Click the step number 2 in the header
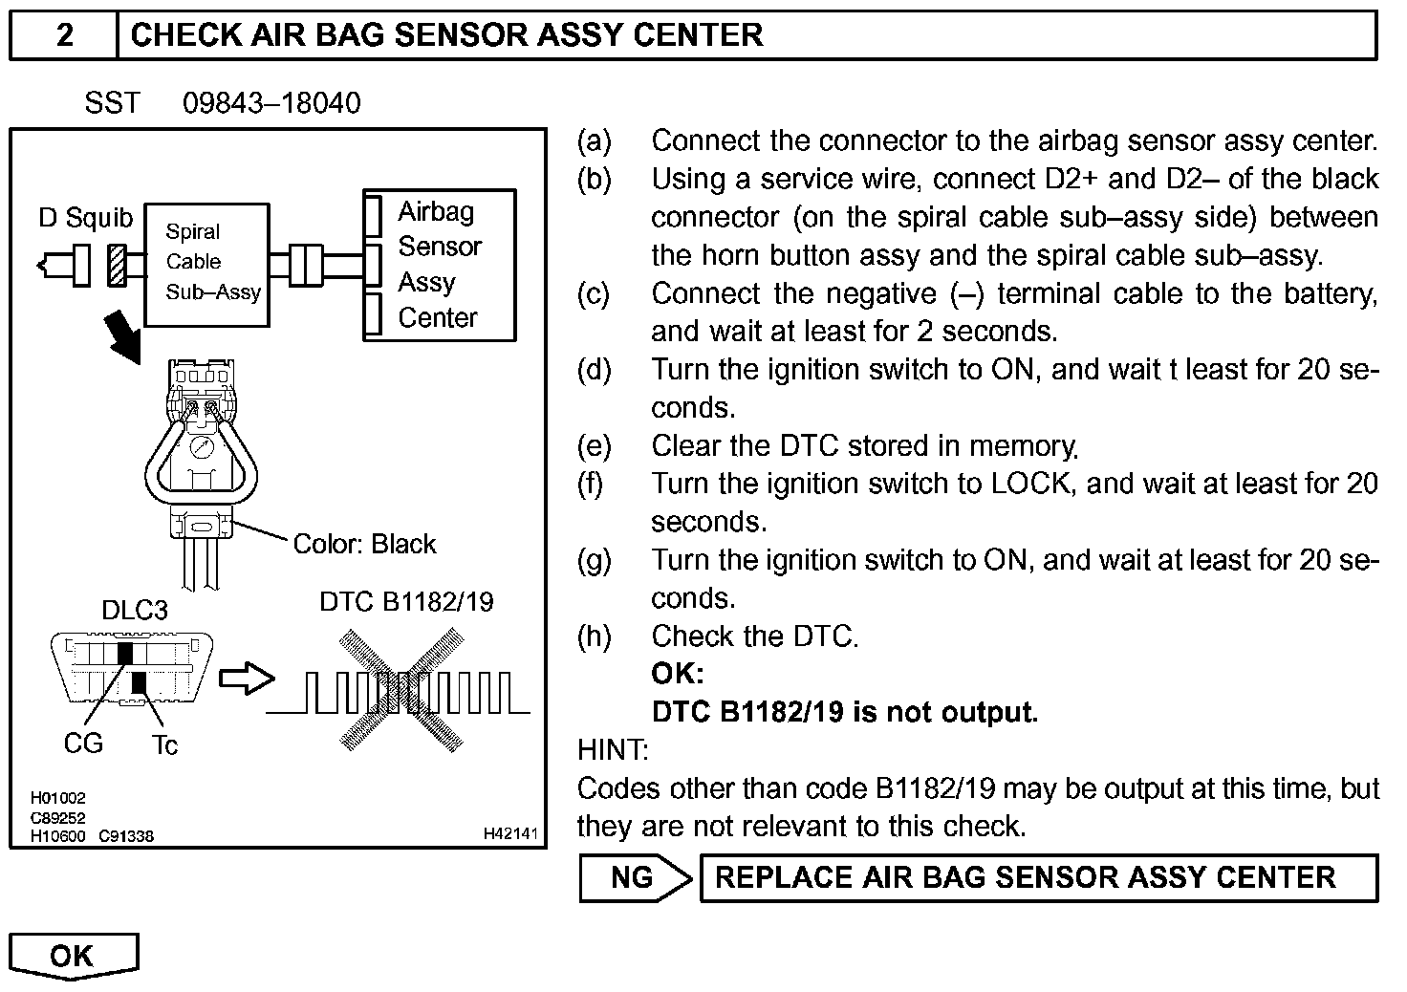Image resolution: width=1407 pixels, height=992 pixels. [64, 35]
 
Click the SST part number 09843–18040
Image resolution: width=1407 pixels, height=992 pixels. [271, 103]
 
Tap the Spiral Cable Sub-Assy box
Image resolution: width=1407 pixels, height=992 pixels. [206, 264]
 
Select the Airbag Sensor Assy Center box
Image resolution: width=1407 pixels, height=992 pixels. [440, 265]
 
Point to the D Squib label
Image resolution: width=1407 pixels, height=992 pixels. [86, 218]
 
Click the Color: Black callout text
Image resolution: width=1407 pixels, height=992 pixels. [364, 544]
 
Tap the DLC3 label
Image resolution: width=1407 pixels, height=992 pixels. [135, 610]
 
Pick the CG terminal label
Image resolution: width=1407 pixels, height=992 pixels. [83, 744]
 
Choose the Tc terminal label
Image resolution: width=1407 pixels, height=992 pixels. [164, 745]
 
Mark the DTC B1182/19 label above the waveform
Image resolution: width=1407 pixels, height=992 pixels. [406, 601]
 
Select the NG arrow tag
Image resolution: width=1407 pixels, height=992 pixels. [635, 878]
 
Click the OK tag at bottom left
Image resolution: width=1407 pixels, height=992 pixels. [73, 956]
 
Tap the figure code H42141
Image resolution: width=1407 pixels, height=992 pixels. [510, 834]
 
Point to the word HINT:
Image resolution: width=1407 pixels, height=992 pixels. [614, 750]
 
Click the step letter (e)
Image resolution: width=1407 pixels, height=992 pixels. [594, 446]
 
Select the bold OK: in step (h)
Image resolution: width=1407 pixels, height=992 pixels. [678, 674]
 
